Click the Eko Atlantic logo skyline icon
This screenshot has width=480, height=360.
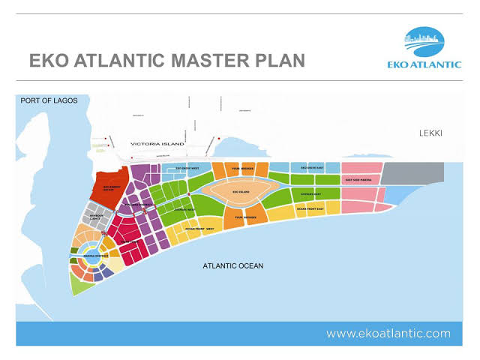point(430,39)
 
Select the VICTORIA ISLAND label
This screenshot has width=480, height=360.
point(157,142)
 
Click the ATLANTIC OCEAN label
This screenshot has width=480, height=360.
point(232,266)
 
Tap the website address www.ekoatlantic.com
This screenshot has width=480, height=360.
point(388,332)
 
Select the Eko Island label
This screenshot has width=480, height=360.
point(241,192)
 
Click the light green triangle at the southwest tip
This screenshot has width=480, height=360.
point(79,283)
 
